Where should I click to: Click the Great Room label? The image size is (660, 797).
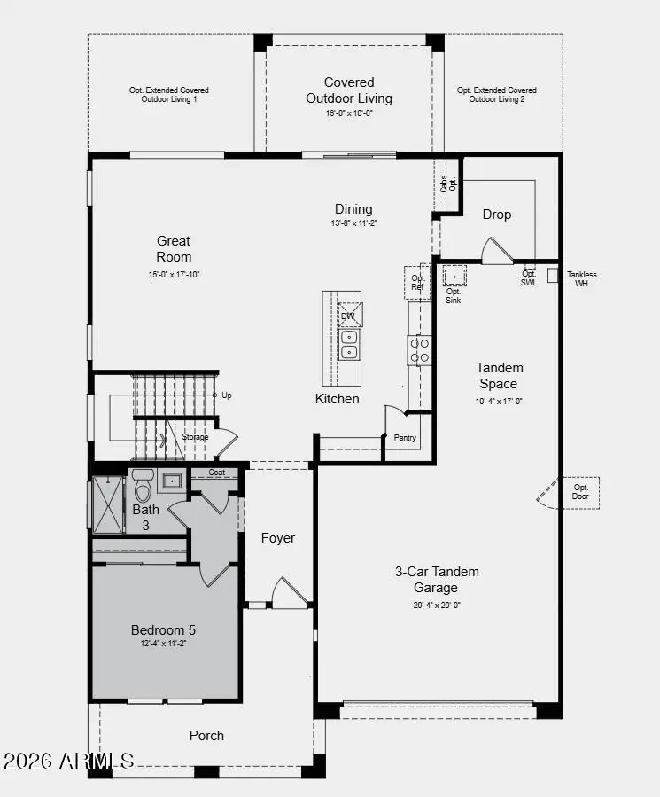(x=174, y=248)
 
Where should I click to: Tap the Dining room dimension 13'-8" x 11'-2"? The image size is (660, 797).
(x=353, y=223)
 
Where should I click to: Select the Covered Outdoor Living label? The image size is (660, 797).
(x=349, y=90)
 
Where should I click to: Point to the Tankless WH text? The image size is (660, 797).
(x=582, y=279)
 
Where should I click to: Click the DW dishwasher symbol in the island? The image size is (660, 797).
(x=349, y=315)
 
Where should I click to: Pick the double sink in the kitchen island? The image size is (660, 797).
(x=349, y=345)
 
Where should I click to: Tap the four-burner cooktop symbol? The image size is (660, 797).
(x=420, y=349)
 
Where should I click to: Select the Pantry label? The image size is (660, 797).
(x=405, y=438)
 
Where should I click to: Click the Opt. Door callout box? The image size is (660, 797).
(x=581, y=492)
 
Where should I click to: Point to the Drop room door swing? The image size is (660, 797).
(x=496, y=252)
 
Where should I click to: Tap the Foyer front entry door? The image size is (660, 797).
(x=289, y=593)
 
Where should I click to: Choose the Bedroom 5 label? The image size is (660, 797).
(x=163, y=629)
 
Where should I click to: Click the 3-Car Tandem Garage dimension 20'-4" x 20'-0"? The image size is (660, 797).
(x=437, y=606)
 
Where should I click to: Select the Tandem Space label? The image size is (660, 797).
(x=499, y=376)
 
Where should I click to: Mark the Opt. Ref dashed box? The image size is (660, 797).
(x=417, y=282)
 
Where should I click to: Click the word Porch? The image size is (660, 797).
(x=206, y=735)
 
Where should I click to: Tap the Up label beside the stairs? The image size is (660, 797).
(x=227, y=395)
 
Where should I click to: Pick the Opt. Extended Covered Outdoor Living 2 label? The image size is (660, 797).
(x=496, y=95)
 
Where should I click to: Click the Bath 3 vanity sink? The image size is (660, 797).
(x=171, y=481)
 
